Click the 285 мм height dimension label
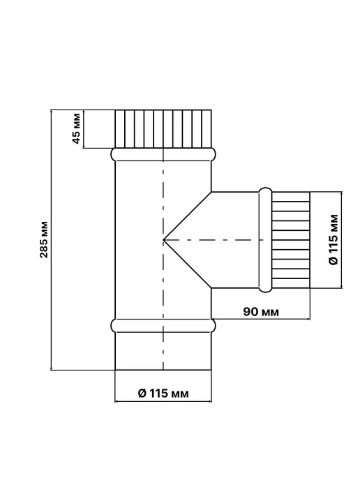pos(45,239)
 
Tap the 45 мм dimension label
pos(76,128)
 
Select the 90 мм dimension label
pos(261,312)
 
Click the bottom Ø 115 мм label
pos(163,393)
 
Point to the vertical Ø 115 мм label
pos(333,239)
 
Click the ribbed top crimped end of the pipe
pos(163,129)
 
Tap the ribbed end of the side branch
pos(291,240)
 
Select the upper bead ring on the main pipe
pos(163,155)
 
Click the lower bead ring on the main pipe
pos(163,326)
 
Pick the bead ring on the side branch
pos(265,240)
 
